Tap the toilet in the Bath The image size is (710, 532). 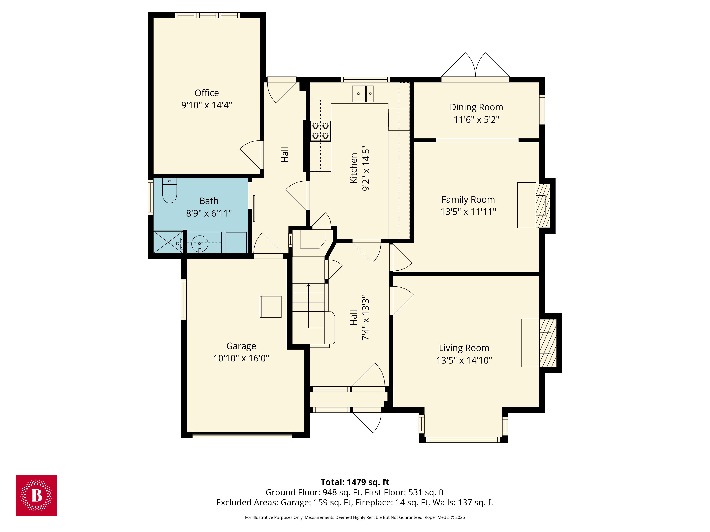pos(170,192)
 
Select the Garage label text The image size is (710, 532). pos(241,346)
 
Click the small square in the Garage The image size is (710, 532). pos(270,307)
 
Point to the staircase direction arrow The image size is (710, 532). pos(308,285)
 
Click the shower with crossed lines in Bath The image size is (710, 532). pos(168,242)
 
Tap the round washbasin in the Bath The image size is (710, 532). pos(200,243)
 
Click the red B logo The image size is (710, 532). pos(36,495)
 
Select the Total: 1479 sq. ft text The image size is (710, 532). pos(355,482)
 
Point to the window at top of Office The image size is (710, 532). pos(207,15)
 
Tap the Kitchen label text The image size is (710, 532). pos(353,168)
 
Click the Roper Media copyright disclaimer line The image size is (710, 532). pos(355,517)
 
